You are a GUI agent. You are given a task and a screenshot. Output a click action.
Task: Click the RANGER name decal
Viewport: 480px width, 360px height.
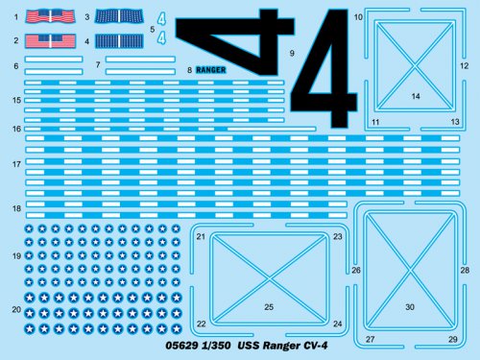(x=210, y=70)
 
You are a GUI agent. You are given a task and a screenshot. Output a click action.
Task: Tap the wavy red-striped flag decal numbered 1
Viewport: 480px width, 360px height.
(x=50, y=16)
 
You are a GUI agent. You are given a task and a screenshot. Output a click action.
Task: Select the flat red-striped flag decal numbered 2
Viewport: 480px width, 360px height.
(x=50, y=41)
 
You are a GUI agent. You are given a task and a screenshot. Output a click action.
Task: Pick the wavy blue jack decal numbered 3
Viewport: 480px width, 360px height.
(x=119, y=16)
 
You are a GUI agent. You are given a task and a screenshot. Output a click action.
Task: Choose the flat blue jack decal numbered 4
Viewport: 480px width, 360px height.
(x=119, y=41)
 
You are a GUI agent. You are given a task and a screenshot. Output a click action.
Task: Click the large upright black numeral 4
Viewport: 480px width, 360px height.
(x=324, y=68)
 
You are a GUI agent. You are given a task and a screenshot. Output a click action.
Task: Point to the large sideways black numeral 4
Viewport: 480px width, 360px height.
(x=234, y=42)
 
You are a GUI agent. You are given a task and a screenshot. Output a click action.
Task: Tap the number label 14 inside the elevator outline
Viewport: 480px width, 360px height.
(x=416, y=96)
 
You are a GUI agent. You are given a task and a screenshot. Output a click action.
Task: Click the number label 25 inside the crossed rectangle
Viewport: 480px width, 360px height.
(x=269, y=307)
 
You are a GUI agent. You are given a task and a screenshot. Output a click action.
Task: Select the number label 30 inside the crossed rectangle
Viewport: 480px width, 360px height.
(x=410, y=307)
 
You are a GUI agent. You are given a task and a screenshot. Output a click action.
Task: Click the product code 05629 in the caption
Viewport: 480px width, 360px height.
(x=181, y=346)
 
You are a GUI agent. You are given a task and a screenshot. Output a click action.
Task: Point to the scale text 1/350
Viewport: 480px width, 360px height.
(x=216, y=346)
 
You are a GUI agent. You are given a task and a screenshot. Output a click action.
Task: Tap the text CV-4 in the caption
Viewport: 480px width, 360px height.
(x=315, y=346)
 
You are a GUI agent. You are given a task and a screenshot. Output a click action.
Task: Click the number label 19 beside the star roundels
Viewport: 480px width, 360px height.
(x=16, y=256)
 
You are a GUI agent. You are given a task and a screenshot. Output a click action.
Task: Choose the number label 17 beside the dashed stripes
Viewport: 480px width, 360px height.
(x=16, y=164)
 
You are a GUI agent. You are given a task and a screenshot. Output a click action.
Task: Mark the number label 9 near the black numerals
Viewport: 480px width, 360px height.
(x=292, y=53)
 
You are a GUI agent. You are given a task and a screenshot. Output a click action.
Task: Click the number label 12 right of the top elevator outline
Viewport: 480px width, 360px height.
(x=465, y=66)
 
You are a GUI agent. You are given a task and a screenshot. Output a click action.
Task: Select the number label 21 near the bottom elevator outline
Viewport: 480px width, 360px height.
(x=201, y=237)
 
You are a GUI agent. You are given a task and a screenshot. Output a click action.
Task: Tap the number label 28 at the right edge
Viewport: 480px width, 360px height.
(x=465, y=271)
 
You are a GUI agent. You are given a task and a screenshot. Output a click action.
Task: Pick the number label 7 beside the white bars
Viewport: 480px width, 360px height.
(x=98, y=65)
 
